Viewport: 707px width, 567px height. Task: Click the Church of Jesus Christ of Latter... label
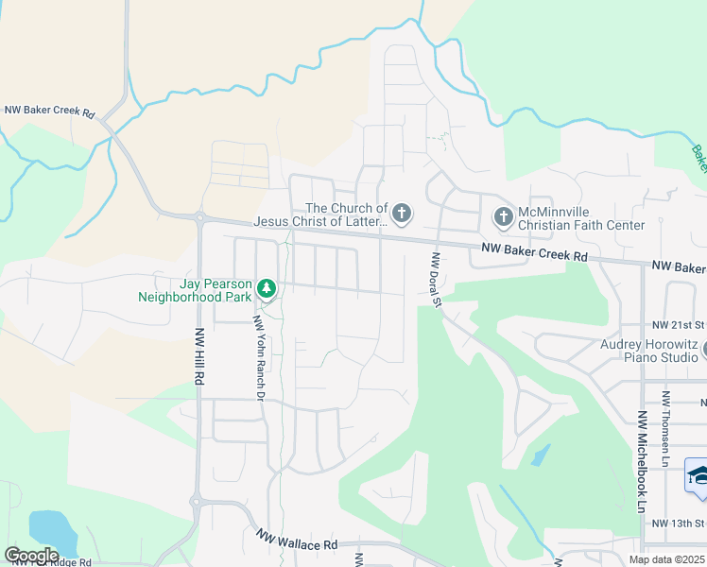(x=321, y=215)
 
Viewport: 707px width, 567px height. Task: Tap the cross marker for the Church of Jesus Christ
(x=402, y=215)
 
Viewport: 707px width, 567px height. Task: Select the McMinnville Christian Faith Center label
(x=581, y=218)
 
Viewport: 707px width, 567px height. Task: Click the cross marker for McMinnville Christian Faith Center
(x=503, y=218)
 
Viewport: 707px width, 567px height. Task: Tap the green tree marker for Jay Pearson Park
(x=267, y=286)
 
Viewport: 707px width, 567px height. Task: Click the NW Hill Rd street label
(x=199, y=355)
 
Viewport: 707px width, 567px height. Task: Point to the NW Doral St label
(x=437, y=281)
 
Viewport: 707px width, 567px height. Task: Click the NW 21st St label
(x=679, y=322)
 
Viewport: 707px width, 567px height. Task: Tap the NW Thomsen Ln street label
(x=666, y=420)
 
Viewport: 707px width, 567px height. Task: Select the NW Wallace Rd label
(x=297, y=540)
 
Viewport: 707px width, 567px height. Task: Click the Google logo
(x=31, y=555)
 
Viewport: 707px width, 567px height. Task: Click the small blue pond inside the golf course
(x=539, y=456)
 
